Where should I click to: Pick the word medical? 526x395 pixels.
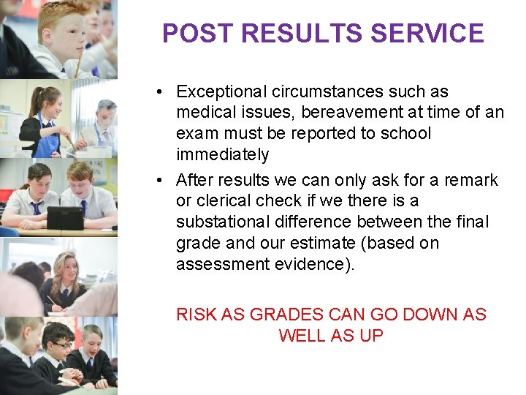point(202,113)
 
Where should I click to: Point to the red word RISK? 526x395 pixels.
point(195,315)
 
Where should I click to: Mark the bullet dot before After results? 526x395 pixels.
point(159,181)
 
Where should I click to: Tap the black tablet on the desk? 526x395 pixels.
point(64,217)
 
